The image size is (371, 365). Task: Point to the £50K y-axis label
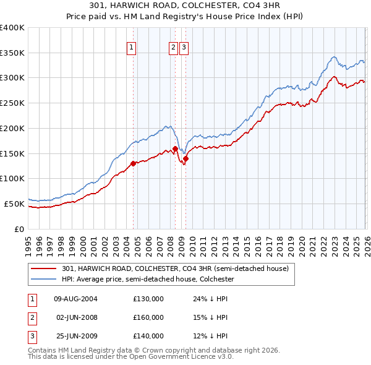point(13,204)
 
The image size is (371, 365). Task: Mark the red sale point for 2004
point(133,164)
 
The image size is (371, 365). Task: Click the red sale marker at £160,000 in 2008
point(175,149)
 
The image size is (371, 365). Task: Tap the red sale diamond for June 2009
point(185,159)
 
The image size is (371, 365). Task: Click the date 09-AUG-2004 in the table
point(76,299)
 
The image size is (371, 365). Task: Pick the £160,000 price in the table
point(148,317)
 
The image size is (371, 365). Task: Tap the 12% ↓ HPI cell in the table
point(207,336)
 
